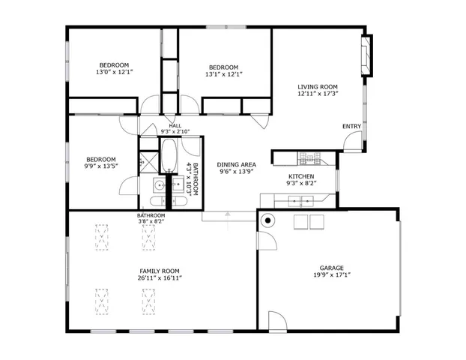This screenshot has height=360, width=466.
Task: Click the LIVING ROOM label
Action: point(318,86)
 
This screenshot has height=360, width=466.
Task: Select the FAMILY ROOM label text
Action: point(159,271)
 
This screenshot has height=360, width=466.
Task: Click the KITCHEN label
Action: point(302,176)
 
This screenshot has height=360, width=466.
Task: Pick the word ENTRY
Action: point(351,126)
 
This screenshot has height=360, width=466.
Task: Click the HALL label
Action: point(175,125)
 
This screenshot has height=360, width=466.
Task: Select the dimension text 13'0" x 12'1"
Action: point(114,73)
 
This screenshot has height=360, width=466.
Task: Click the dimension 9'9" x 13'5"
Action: point(100,166)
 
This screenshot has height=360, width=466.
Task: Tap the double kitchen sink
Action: point(300,200)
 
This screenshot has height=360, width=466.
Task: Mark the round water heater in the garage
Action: point(267,220)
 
